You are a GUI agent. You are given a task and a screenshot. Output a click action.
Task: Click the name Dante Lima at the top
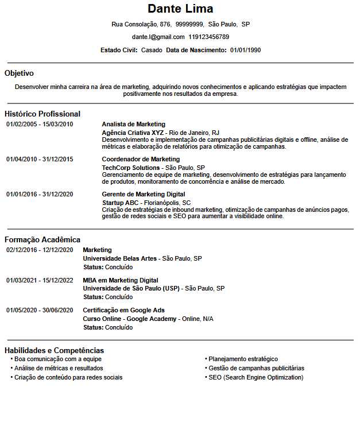tap(180, 9)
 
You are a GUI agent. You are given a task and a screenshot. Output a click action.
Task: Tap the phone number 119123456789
tap(208, 37)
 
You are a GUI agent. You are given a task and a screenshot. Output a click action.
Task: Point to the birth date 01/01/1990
tap(245, 50)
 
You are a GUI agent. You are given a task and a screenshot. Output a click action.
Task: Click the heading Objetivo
tap(19, 73)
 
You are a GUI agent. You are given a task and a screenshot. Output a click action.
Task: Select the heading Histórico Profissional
tap(42, 114)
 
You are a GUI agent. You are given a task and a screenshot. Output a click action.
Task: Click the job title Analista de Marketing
tap(133, 124)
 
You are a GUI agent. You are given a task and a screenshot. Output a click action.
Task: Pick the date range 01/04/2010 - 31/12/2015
tap(40, 159)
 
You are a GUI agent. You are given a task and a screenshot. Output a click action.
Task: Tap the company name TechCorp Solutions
tap(130, 168)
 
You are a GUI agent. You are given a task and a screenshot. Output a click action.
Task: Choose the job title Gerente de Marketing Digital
tap(143, 194)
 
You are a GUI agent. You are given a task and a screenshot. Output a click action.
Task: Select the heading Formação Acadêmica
tap(42, 239)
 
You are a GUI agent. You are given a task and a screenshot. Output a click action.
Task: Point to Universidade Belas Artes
tap(120, 258)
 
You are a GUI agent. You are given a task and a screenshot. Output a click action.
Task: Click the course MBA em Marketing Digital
tap(121, 280)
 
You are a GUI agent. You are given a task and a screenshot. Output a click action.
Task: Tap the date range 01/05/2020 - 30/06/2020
tap(40, 310)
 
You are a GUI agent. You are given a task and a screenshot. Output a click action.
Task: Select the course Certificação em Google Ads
tap(123, 310)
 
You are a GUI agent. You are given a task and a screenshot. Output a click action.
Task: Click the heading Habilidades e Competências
tap(54, 350)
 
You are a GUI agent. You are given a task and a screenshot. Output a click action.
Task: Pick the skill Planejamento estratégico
tap(243, 359)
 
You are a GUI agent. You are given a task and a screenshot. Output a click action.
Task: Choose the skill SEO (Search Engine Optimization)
tap(256, 377)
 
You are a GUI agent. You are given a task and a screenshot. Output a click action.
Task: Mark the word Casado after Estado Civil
tap(152, 50)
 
